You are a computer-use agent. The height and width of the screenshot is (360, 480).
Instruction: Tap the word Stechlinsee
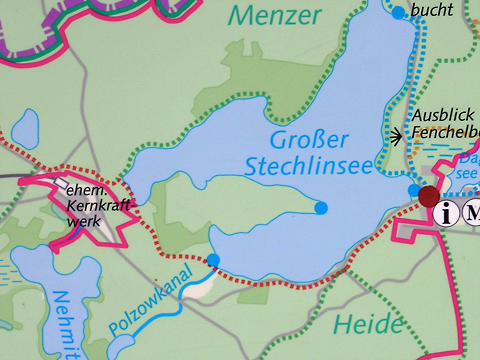310,164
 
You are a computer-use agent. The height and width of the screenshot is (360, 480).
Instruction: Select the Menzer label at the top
274,15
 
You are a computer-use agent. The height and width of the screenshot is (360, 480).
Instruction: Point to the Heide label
369,324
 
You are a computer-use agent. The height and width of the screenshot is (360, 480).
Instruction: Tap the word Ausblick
439,115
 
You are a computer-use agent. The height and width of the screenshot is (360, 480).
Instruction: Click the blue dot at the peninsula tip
321,208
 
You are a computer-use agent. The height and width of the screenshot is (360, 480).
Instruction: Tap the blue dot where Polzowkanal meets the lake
213,260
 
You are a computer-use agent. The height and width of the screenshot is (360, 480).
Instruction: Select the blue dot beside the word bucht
398,13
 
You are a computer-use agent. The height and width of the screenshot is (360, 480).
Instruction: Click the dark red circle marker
429,195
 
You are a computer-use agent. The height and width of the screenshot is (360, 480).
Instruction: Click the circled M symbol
471,213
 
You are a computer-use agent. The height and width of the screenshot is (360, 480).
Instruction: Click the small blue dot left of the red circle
413,189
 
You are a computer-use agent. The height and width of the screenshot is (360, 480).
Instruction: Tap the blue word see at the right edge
468,172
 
